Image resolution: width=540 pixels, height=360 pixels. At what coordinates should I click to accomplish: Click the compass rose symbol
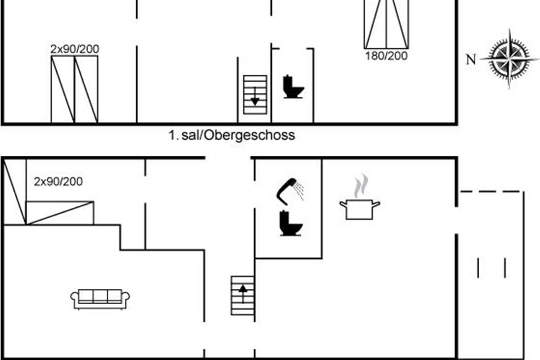(509, 58)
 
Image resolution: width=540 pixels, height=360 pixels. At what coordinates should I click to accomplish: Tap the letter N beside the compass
(471, 59)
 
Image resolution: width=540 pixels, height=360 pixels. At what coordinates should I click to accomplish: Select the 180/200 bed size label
(386, 56)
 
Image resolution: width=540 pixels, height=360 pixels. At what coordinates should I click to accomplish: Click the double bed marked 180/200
(386, 23)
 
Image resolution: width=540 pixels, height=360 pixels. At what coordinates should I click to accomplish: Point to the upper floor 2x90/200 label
(75, 49)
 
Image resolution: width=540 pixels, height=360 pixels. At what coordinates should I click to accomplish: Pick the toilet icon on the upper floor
(293, 87)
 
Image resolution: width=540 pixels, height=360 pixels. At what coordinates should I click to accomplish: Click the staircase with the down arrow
(255, 94)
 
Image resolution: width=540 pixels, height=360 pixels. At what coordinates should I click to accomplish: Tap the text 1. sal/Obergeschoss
(232, 135)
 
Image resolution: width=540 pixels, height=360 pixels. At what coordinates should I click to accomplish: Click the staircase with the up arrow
(243, 295)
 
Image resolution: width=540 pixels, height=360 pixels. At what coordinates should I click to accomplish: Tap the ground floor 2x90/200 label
(58, 182)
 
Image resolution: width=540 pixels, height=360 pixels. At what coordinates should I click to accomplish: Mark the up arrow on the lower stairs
(243, 293)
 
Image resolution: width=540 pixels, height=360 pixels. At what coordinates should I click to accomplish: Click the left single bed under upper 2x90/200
(63, 89)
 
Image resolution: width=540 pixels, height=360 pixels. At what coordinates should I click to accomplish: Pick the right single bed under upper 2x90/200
(86, 89)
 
